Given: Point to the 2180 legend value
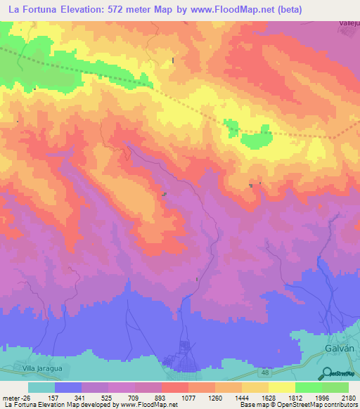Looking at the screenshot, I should pos(349,397).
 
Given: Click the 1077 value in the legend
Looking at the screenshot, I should pos(188,397).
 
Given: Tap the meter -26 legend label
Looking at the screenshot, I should pos(18,397).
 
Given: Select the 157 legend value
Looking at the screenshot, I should pos(55,397).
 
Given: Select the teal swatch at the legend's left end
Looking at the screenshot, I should pos(41,387).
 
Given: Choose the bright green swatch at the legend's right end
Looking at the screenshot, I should pos(335,387).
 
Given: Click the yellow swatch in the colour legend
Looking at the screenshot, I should pos(282,387).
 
